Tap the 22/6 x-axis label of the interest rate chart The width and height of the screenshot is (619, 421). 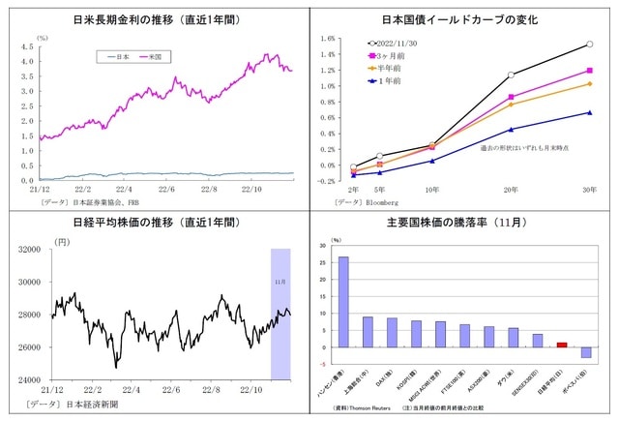click(166, 190)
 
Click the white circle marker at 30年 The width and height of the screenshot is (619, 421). click(589, 45)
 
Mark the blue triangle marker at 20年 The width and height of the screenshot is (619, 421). click(511, 129)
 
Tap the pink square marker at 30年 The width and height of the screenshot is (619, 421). click(589, 71)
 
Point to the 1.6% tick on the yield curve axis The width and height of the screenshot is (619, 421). click(327, 40)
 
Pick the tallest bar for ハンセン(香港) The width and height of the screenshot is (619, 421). click(343, 301)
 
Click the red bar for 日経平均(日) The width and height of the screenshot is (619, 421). click(562, 344)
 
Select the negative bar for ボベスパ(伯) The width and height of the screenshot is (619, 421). click(586, 352)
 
